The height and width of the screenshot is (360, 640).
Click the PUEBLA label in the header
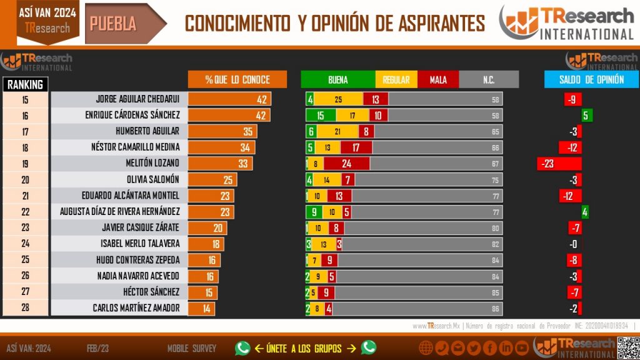(113, 23)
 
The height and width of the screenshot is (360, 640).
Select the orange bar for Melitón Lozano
(220, 164)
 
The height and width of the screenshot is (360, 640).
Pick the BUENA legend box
(337, 80)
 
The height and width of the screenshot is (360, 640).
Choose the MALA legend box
(438, 80)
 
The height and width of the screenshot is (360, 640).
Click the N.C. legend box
(489, 80)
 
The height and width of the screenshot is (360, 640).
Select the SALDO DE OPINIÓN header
(582, 80)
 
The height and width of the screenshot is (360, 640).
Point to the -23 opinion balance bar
(559, 164)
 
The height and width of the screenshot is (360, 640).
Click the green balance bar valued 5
(587, 116)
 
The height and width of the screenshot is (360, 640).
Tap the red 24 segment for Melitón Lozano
(346, 164)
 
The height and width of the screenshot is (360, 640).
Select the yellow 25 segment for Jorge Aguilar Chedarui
(338, 99)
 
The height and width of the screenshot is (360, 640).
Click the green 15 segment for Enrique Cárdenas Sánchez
(321, 116)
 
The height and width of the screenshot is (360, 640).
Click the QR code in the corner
(627, 347)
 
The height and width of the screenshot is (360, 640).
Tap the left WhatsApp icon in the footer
(242, 348)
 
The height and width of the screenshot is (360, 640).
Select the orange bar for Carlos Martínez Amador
(201, 308)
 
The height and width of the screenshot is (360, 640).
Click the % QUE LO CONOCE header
(237, 80)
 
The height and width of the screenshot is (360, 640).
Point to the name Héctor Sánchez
(156, 292)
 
